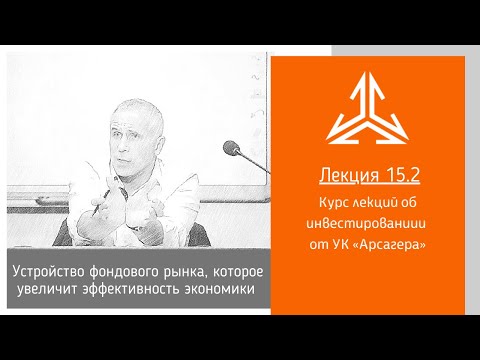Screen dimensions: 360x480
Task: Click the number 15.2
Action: click(x=399, y=177)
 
